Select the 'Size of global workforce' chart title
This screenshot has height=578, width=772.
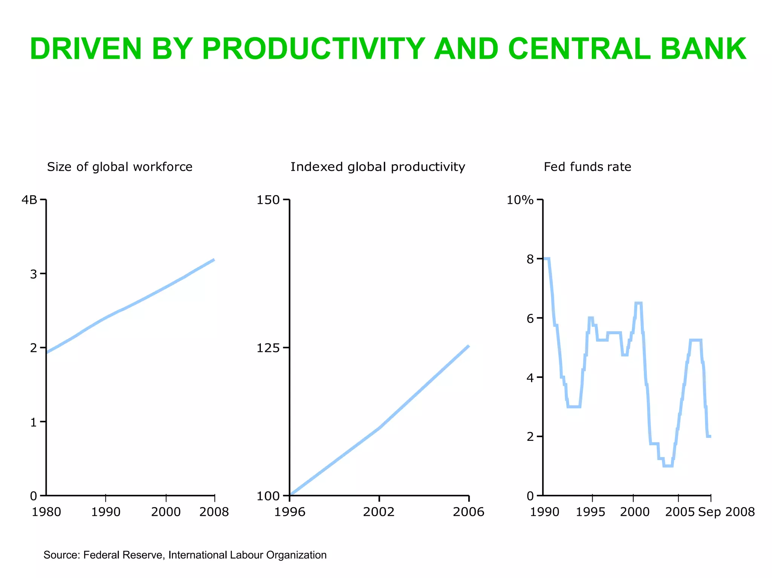(x=119, y=167)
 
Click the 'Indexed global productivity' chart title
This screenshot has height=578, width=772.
(x=378, y=167)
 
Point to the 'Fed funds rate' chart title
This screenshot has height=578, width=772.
(x=587, y=167)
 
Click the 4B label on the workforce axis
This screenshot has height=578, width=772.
(x=29, y=200)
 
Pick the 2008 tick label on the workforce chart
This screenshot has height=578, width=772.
(x=214, y=512)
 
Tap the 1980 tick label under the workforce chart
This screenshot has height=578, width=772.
(x=46, y=512)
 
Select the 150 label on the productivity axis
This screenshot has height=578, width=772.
(x=268, y=200)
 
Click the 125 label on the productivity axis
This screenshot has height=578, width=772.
(x=268, y=348)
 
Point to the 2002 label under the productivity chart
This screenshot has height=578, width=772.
(x=378, y=512)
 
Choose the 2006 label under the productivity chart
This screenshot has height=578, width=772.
(x=469, y=512)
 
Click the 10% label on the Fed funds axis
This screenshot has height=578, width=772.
(x=520, y=200)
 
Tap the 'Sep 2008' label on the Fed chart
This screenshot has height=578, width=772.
(x=726, y=512)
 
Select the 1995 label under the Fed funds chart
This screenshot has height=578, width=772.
(x=590, y=512)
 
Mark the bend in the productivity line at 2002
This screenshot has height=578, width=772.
(x=379, y=428)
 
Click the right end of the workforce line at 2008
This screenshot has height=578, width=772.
(x=214, y=260)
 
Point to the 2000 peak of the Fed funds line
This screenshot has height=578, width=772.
(x=638, y=303)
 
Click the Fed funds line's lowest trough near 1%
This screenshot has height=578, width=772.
(x=668, y=466)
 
